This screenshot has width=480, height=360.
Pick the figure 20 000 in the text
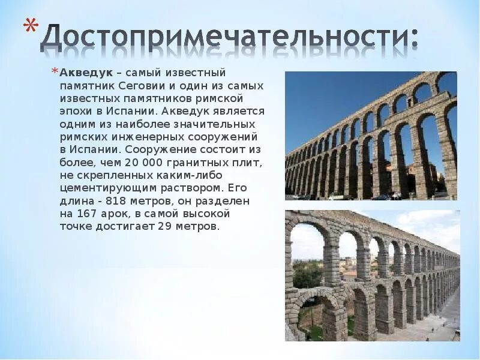tap(142, 163)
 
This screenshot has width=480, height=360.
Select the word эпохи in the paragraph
tap(75, 112)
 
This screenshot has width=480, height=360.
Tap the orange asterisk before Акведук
tap(54, 73)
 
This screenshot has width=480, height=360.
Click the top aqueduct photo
tap(371, 136)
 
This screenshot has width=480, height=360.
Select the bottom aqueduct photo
tap(372, 275)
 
